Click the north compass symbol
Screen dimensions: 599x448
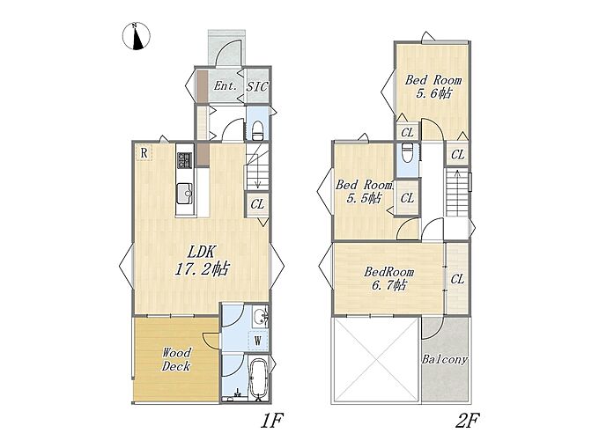click(137, 36)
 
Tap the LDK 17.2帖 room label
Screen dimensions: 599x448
click(202, 261)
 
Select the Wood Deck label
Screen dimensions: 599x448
click(175, 359)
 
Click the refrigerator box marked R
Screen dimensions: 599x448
click(144, 153)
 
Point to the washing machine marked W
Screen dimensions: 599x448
click(258, 340)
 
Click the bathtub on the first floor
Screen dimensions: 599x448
click(259, 379)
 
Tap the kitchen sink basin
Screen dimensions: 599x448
click(185, 193)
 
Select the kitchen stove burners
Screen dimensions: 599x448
click(185, 160)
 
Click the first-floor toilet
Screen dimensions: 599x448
click(258, 129)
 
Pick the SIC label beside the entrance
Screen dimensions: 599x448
click(257, 86)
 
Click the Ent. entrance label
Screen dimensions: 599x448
click(225, 86)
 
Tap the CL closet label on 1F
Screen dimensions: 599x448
click(257, 204)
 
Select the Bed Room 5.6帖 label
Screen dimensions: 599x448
click(433, 86)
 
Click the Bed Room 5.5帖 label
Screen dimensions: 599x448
click(364, 192)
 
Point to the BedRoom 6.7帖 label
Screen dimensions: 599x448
click(388, 278)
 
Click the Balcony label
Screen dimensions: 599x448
click(444, 359)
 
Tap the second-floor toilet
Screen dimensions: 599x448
click(406, 152)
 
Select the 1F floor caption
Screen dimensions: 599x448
click(271, 421)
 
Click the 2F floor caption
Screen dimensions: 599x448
click(467, 421)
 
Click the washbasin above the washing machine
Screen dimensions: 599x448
click(261, 316)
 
